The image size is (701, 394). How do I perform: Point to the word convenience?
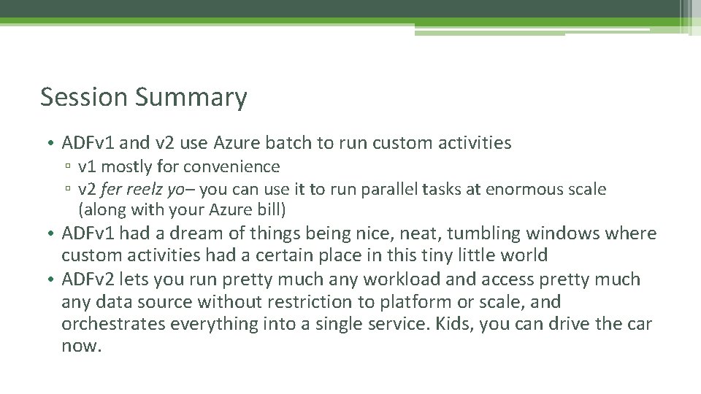tap(233, 167)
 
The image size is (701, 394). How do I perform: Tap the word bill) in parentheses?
tap(267, 211)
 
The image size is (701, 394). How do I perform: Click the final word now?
tap(81, 346)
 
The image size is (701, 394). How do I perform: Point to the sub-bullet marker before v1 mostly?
tap(67, 168)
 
